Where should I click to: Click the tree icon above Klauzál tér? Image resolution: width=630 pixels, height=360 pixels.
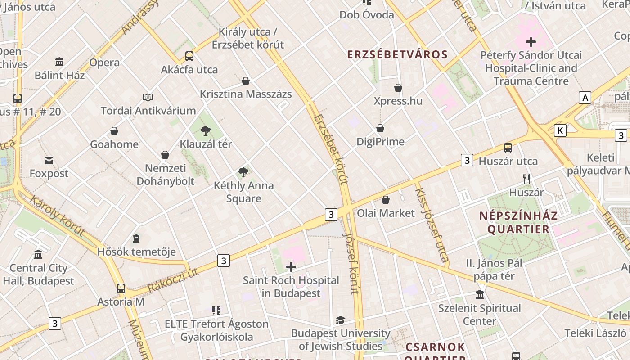(x=206, y=131)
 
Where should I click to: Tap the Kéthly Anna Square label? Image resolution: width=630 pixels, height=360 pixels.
(x=243, y=192)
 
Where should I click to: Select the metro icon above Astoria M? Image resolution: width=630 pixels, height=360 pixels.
(x=121, y=288)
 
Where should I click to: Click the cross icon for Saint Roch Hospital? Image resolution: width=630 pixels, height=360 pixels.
(x=291, y=267)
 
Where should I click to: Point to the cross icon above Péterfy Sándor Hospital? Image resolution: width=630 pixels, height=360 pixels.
(x=531, y=42)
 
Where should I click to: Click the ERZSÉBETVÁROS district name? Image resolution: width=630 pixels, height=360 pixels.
(x=397, y=55)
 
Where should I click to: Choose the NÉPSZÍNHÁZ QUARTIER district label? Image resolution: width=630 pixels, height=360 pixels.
(x=518, y=222)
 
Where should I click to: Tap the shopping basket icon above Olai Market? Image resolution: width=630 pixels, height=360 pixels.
(x=386, y=200)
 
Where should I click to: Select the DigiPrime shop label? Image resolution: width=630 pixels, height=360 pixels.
(x=380, y=142)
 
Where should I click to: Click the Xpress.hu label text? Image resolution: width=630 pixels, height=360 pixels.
(x=398, y=101)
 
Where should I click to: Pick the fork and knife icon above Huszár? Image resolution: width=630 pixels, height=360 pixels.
(x=526, y=179)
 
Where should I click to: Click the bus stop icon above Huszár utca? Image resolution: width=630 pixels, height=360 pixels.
(x=508, y=148)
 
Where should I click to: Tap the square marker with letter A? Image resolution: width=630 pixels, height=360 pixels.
(x=585, y=98)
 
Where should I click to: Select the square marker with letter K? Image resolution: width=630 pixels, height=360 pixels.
(x=560, y=130)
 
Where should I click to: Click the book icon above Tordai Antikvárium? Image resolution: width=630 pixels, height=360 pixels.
(x=148, y=97)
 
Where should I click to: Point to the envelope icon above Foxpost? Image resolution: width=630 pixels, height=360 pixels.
(x=49, y=160)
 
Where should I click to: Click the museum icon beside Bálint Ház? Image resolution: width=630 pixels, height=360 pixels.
(x=59, y=62)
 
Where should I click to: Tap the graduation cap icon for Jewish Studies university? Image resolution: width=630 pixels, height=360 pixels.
(x=341, y=320)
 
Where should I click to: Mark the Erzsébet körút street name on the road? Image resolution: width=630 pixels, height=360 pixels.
(x=331, y=149)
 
